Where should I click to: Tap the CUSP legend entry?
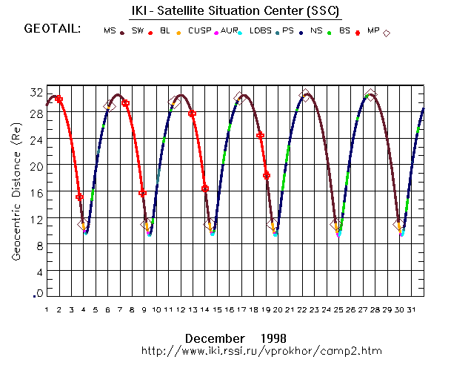tap(199, 30)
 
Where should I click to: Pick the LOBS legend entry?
tap(260, 30)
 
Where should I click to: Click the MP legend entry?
tap(375, 30)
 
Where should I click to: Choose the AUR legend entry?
tap(230, 30)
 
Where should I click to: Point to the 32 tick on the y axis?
tap(36, 93)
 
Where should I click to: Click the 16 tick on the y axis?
tap(36, 192)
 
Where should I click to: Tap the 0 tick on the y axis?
tap(38, 295)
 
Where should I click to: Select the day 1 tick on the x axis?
tap(46, 310)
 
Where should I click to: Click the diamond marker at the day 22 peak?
tap(305, 96)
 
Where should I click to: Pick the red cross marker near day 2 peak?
tap(59, 99)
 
